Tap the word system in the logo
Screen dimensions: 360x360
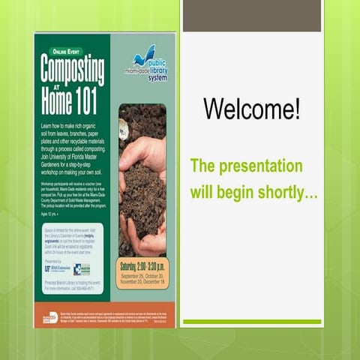157,77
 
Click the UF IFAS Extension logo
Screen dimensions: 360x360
55,268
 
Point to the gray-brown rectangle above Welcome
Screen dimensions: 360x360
252,16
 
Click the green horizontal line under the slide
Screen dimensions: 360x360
252,322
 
